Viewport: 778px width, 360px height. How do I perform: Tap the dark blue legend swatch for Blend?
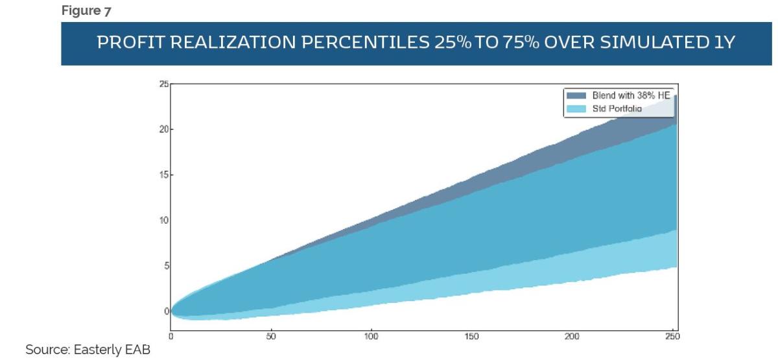(577, 95)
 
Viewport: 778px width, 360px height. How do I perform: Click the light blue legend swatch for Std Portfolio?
(577, 108)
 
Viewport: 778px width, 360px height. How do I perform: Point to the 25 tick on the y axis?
(163, 84)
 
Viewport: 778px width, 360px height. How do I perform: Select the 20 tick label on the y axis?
(163, 130)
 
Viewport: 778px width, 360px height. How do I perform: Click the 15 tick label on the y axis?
(163, 175)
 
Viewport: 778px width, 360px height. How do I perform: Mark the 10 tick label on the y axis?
(163, 221)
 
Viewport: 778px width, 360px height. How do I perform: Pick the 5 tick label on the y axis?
(165, 266)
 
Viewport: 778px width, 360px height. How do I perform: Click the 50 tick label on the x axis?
(271, 337)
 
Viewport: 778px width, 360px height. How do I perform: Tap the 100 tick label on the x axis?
(371, 337)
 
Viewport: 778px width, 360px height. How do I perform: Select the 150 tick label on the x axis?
(471, 337)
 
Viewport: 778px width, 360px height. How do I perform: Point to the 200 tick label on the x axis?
(572, 337)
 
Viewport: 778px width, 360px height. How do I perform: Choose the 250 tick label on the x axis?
(672, 337)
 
